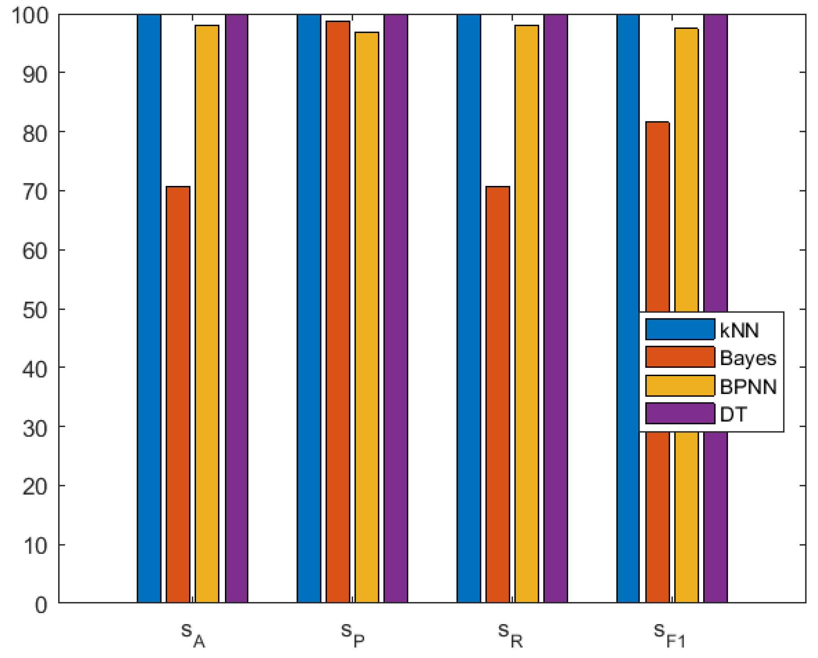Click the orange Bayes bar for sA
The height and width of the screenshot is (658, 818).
[178, 394]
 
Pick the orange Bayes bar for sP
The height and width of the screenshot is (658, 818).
[338, 311]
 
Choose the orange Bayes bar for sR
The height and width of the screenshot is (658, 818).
[497, 394]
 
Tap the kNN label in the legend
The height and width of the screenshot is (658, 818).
[739, 330]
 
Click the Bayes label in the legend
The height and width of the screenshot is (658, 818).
[748, 358]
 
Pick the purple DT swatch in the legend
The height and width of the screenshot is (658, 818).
[680, 413]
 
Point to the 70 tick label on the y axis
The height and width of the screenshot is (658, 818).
[35, 192]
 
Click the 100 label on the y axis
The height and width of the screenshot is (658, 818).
[30, 16]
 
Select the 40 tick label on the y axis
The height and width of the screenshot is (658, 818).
[35, 368]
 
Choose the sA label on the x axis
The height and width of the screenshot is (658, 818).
[193, 636]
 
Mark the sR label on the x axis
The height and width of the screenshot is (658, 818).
[511, 636]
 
